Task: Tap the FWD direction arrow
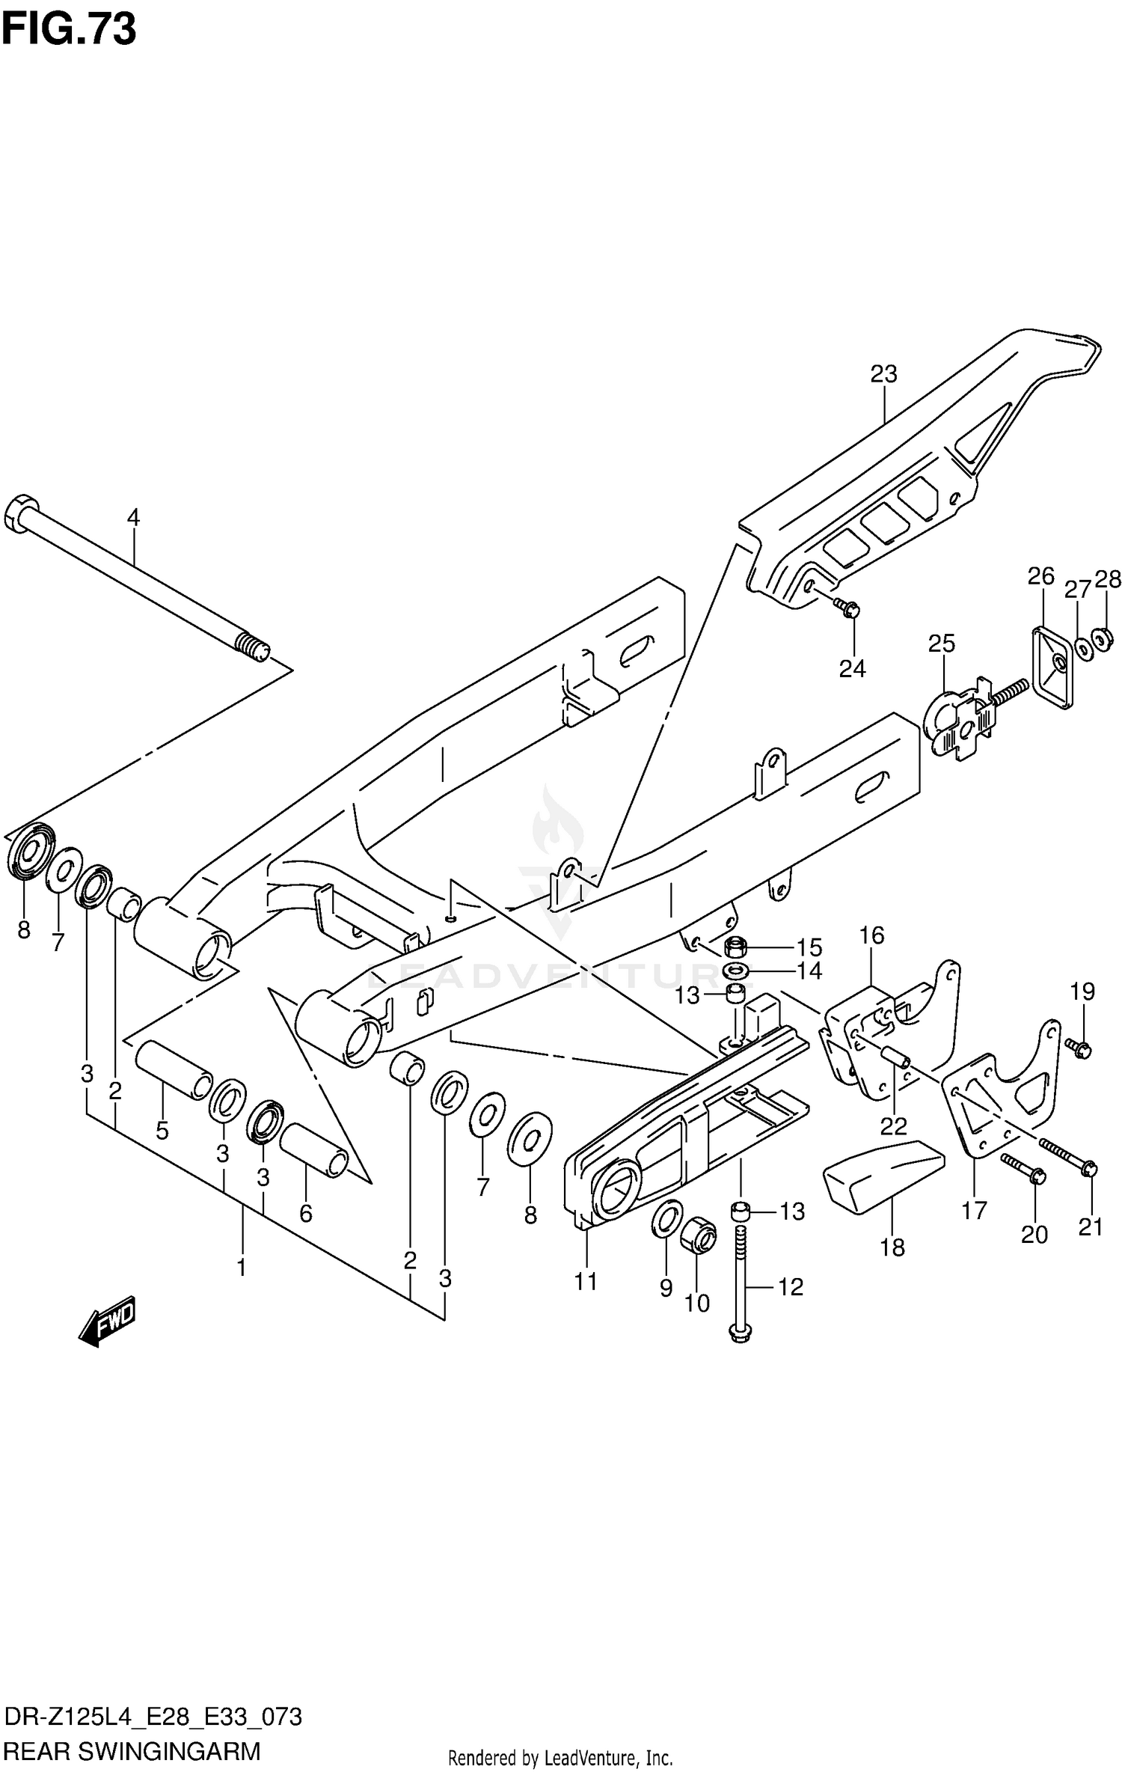click(x=107, y=1322)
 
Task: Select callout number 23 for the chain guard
click(x=883, y=373)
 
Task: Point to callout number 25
click(x=941, y=644)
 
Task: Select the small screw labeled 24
click(x=848, y=610)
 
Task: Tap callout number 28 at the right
click(x=1108, y=579)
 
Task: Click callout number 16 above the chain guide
click(x=871, y=935)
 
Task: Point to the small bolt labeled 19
click(x=1079, y=1047)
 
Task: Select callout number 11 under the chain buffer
click(x=586, y=1282)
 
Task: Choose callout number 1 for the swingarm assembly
click(x=241, y=1268)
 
